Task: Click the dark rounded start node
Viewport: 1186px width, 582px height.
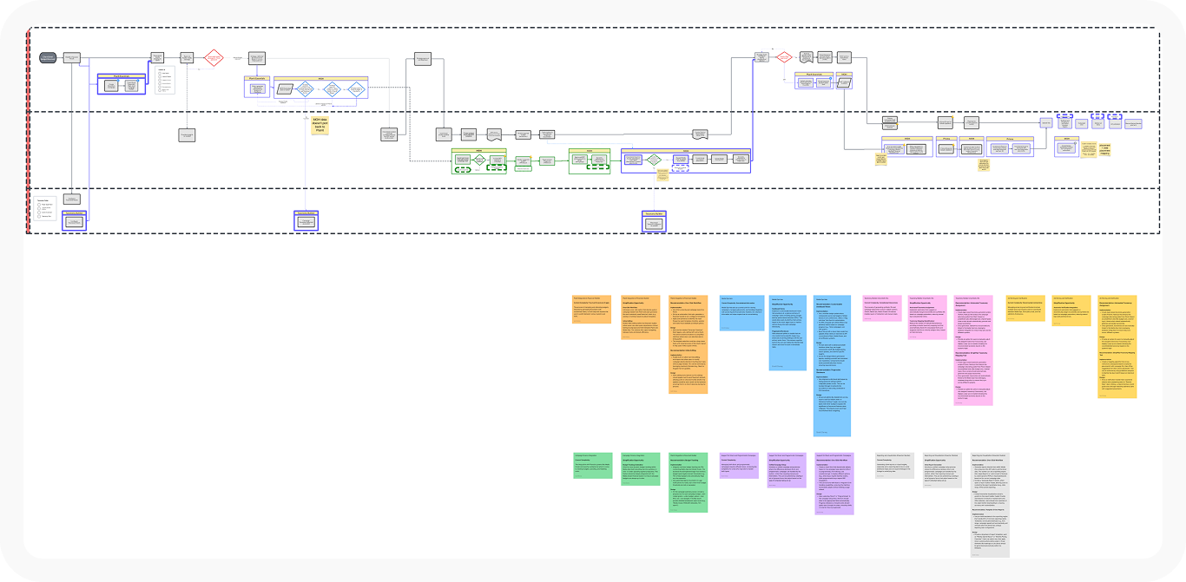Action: pyautogui.click(x=49, y=57)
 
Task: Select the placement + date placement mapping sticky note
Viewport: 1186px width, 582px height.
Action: pyautogui.click(x=1104, y=149)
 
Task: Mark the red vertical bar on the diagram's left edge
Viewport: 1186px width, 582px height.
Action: pyautogui.click(x=28, y=130)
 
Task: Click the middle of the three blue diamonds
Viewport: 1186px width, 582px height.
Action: pyautogui.click(x=331, y=88)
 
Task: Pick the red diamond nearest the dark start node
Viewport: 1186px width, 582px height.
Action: pyautogui.click(x=214, y=58)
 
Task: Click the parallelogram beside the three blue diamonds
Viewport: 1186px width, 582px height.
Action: pyautogui.click(x=285, y=88)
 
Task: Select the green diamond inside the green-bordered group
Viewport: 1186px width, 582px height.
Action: pyautogui.click(x=478, y=160)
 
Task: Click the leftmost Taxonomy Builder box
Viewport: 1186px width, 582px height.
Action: pyautogui.click(x=75, y=220)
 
